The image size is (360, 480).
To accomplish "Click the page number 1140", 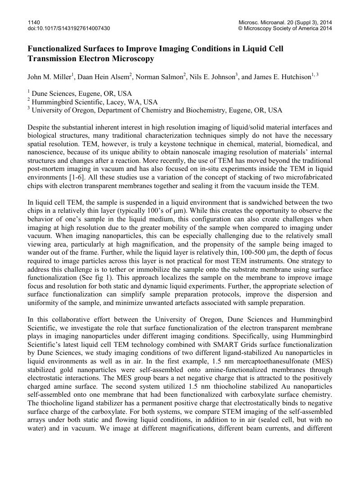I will (x=34, y=22).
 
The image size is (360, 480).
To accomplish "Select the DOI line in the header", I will (x=69, y=28).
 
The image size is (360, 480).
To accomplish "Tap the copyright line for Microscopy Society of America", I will (x=285, y=28).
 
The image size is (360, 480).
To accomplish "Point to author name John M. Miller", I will (x=49, y=77).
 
